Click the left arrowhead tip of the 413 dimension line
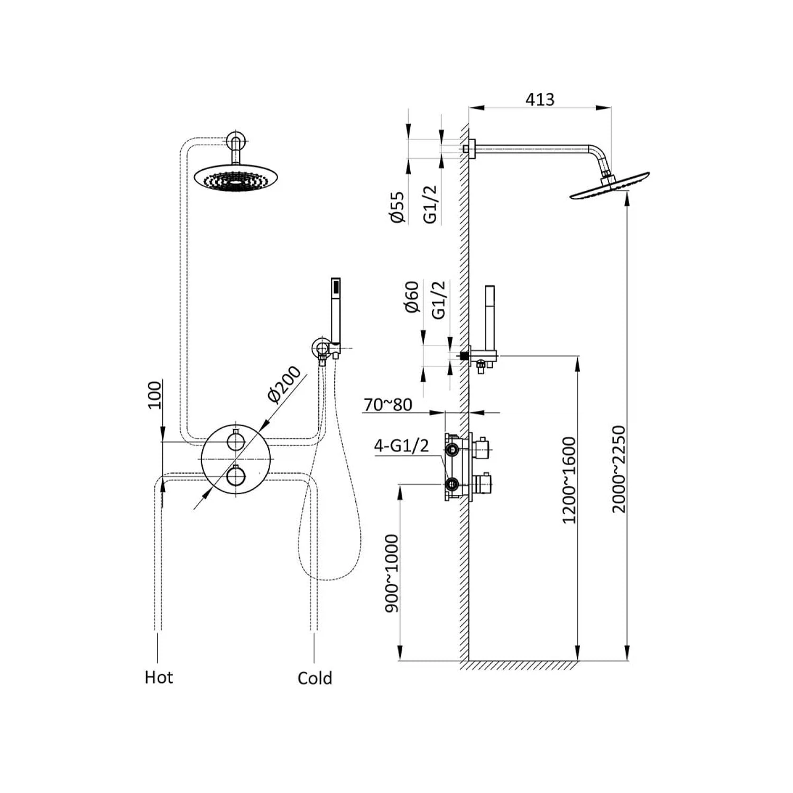coord(469,108)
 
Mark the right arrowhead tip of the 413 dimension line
coord(611,108)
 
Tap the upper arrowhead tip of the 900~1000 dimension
coord(400,484)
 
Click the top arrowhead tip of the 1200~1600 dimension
coord(577,356)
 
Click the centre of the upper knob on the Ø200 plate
coord(236,440)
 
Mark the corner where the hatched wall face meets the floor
coord(469,660)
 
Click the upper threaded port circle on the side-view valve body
coord(452,449)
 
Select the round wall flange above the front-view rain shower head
coord(236,141)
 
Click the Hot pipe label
coord(159,677)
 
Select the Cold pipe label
coord(315,678)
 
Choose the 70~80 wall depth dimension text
coord(388,404)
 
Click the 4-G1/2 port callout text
coord(401,446)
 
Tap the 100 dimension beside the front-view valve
coord(154,395)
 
